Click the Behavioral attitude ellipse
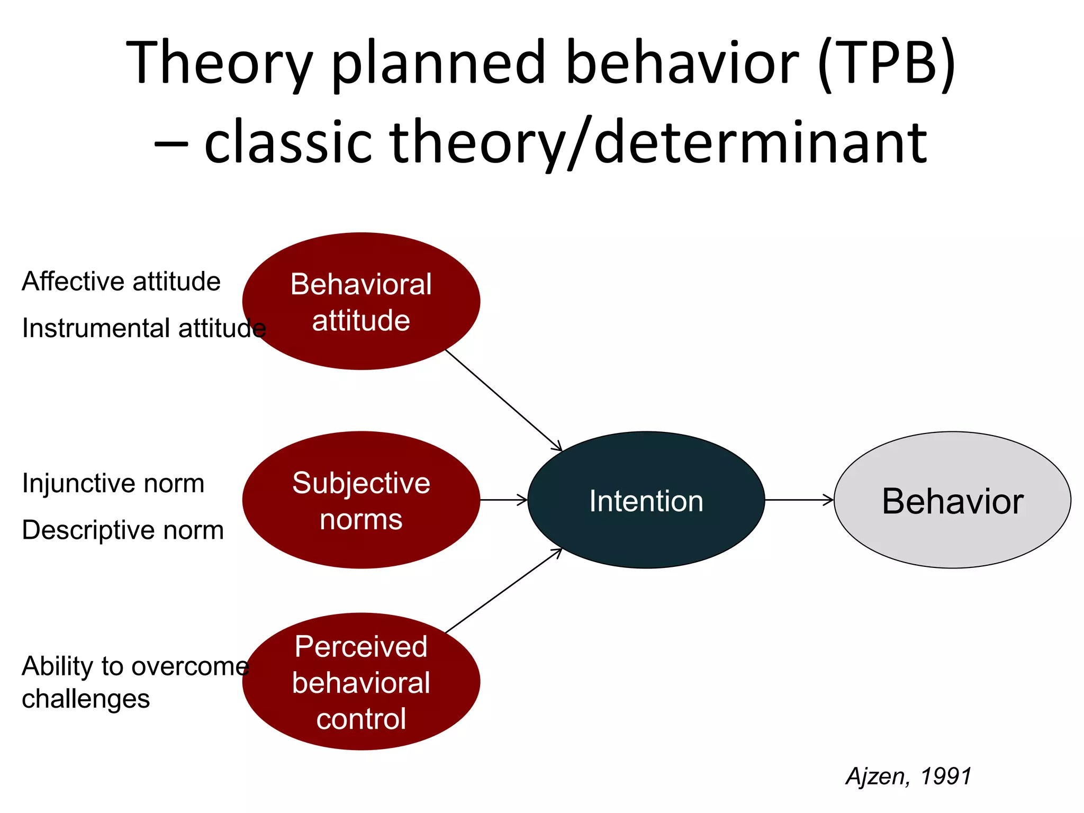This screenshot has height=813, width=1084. (x=361, y=301)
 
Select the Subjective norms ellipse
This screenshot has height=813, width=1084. (x=361, y=500)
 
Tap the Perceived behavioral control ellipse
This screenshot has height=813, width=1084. (x=361, y=682)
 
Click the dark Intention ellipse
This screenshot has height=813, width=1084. (x=646, y=500)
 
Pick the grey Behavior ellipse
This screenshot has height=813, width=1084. (x=952, y=500)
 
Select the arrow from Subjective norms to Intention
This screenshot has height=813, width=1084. (x=503, y=500)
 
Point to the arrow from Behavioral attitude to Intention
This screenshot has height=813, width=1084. (x=503, y=400)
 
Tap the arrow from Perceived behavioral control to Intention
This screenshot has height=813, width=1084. (x=503, y=591)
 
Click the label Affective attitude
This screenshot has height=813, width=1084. (x=121, y=281)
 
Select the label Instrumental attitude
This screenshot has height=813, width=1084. (x=143, y=328)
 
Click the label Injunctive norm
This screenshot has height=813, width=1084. (x=113, y=483)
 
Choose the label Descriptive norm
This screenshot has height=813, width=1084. (x=122, y=530)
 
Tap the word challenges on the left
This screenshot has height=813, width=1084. (x=86, y=699)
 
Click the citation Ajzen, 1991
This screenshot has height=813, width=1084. (x=908, y=776)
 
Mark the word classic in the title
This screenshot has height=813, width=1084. (x=288, y=142)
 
